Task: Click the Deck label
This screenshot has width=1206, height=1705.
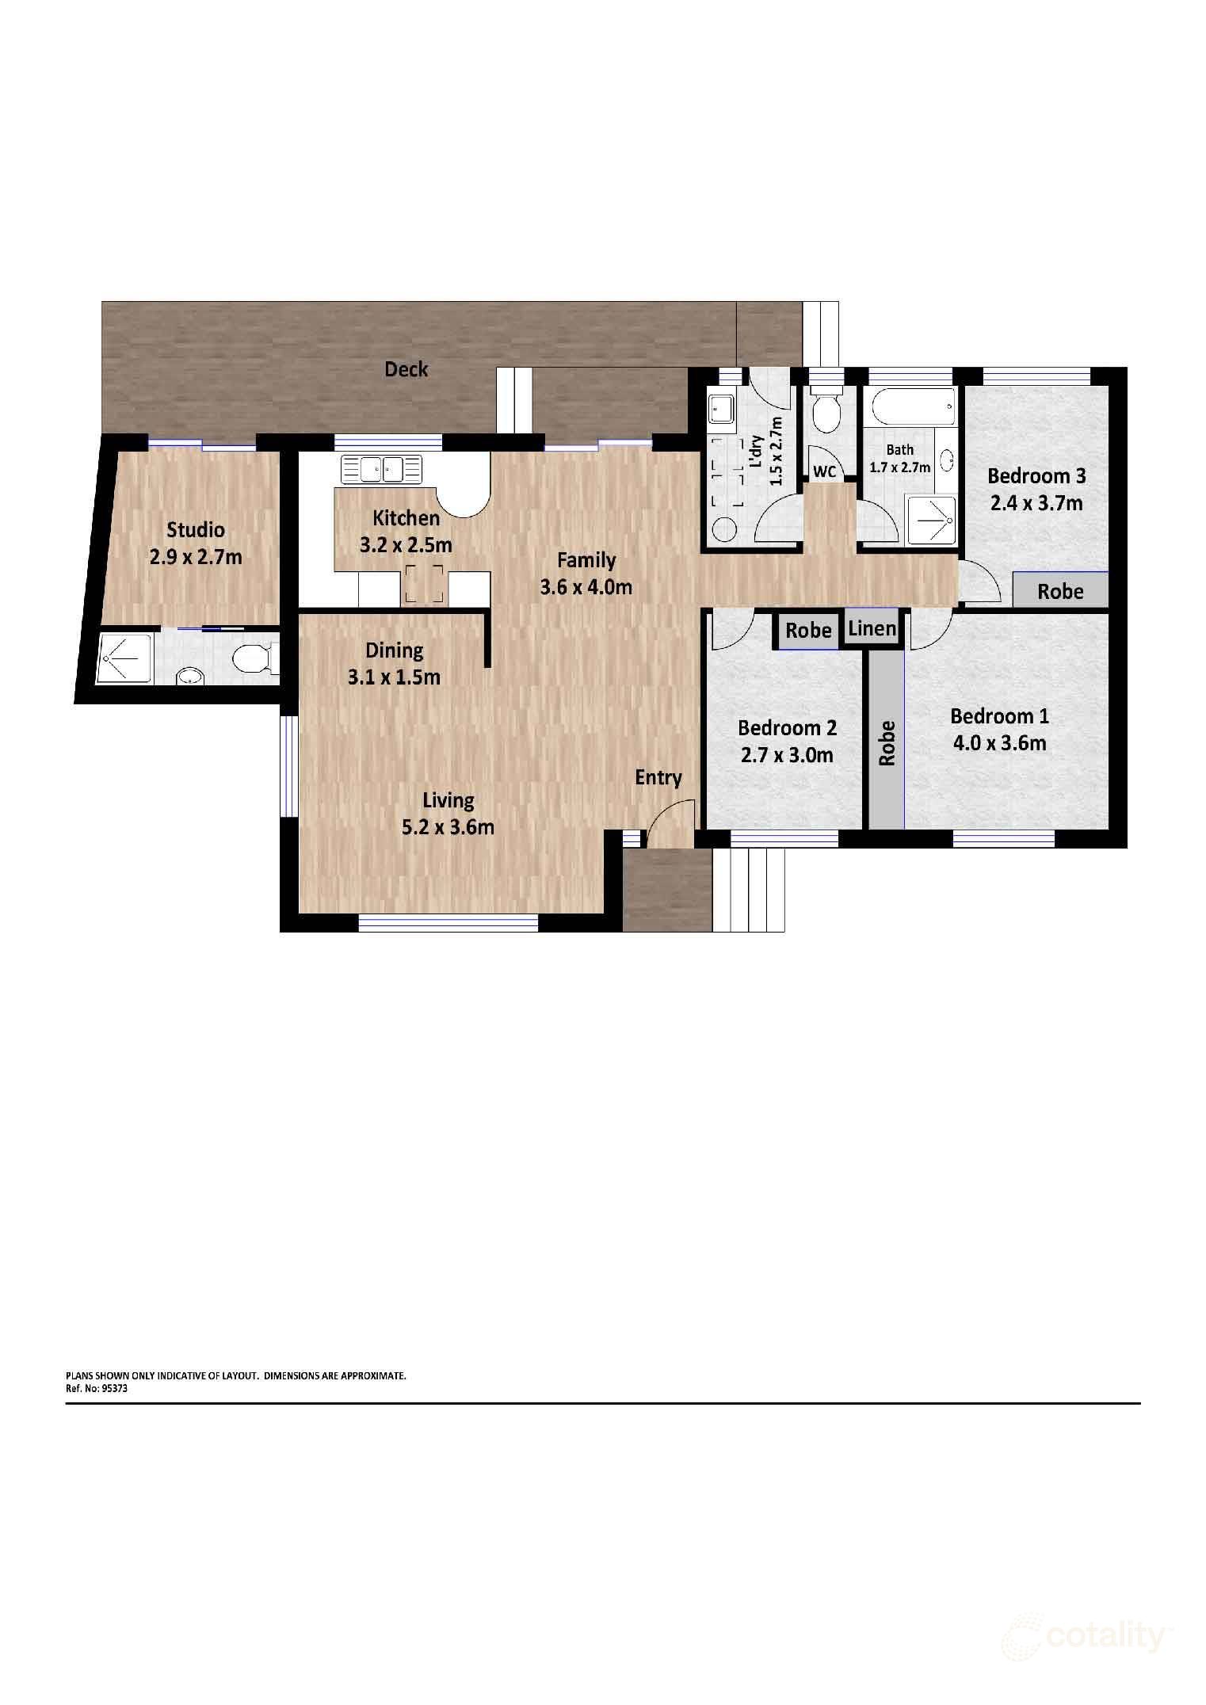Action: pyautogui.click(x=406, y=369)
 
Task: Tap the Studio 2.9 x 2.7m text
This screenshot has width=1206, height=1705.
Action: pyautogui.click(x=196, y=544)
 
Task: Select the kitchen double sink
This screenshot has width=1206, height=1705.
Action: pyautogui.click(x=382, y=470)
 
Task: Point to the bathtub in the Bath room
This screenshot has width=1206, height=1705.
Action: pyautogui.click(x=912, y=409)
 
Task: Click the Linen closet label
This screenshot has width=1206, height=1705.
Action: pyautogui.click(x=872, y=629)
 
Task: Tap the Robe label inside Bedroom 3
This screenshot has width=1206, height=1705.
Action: pyautogui.click(x=1060, y=592)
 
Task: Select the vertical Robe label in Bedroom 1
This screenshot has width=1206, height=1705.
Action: pyautogui.click(x=887, y=742)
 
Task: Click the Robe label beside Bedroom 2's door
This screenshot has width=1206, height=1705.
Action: pyautogui.click(x=808, y=631)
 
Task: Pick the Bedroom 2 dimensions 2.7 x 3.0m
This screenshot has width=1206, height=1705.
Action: pyautogui.click(x=787, y=756)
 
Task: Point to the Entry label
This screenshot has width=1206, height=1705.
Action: pyautogui.click(x=658, y=778)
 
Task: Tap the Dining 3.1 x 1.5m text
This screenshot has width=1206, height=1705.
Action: pyautogui.click(x=394, y=664)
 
